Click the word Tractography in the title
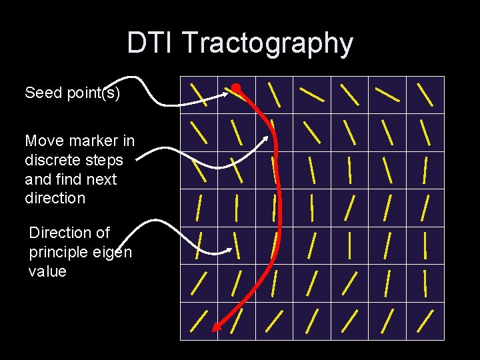point(267,43)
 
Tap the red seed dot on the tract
point(236,87)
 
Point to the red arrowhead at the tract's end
point(216,327)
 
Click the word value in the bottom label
point(47,271)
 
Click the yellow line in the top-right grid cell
point(425,94)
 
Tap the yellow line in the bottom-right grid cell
point(425,321)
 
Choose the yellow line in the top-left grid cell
point(199,94)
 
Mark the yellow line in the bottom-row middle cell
point(312,321)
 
